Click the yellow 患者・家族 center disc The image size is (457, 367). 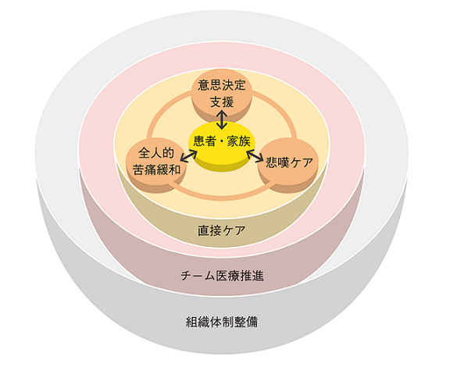click(x=222, y=146)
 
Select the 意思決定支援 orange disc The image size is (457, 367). click(x=222, y=94)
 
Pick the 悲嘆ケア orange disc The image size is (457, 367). click(x=288, y=166)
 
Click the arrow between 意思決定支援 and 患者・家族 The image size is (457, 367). click(x=222, y=120)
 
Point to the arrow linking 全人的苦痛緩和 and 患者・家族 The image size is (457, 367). click(x=188, y=156)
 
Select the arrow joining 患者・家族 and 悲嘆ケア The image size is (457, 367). click(x=255, y=156)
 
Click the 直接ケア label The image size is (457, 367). click(x=222, y=230)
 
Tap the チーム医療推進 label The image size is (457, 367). click(x=222, y=276)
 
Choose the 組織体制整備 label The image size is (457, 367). click(x=222, y=322)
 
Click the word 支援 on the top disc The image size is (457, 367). click(x=222, y=102)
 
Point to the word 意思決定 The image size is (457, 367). click(x=222, y=85)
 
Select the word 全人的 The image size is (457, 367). click(x=156, y=152)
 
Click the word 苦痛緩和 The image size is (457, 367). click(x=157, y=169)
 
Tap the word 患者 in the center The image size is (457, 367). click(x=205, y=141)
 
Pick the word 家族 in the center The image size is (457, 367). click(x=239, y=141)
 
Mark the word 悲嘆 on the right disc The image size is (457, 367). click(x=277, y=162)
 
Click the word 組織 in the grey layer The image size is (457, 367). click(x=198, y=322)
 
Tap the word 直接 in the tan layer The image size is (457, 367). click(x=209, y=230)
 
